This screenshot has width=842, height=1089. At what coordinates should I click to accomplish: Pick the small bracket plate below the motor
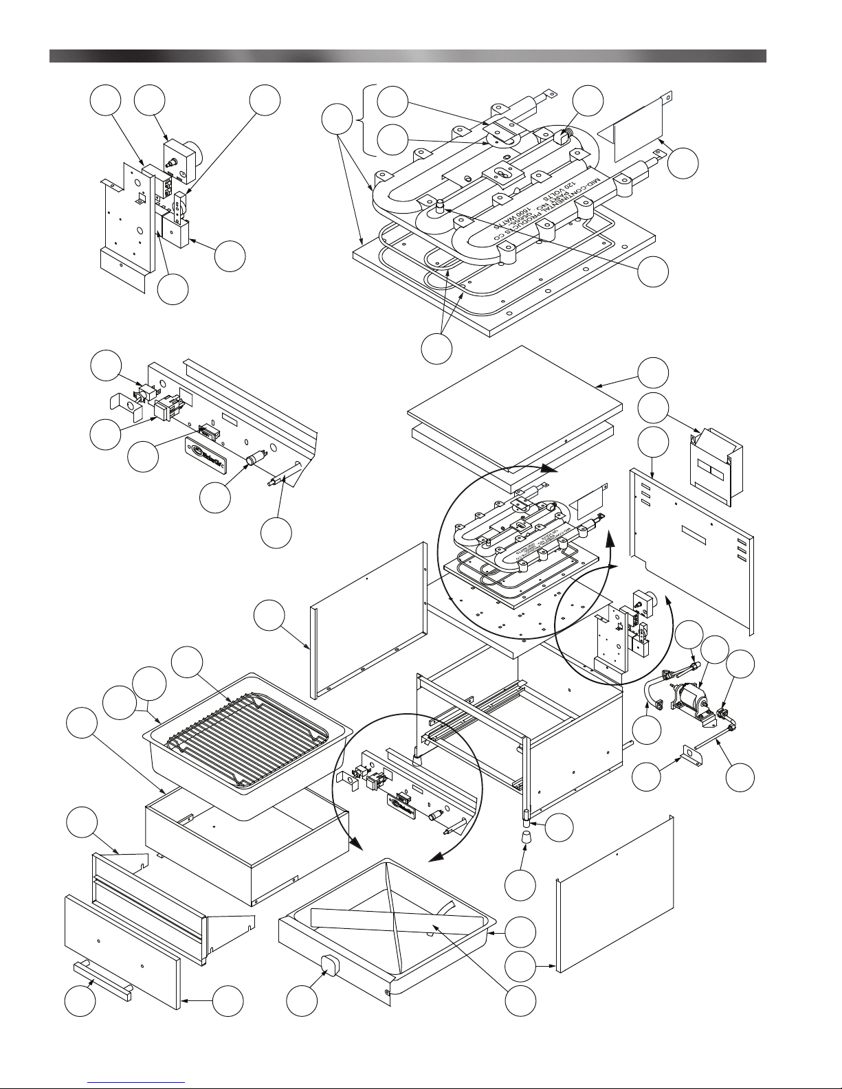click(x=690, y=754)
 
